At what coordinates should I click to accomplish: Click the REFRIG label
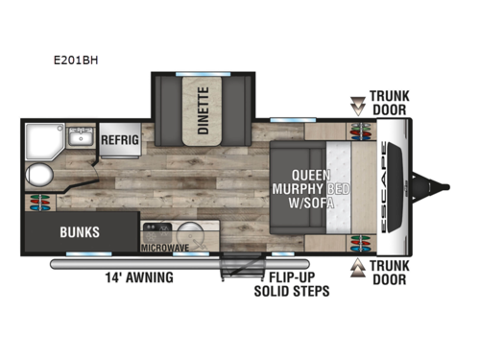coord(121,140)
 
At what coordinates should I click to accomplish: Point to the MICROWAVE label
coord(163,248)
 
